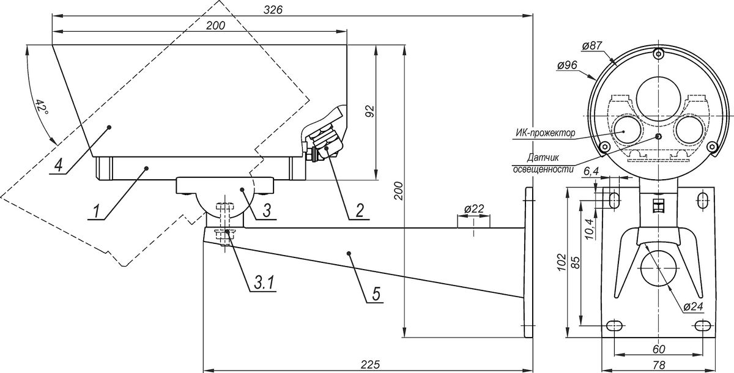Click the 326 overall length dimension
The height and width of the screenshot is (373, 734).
(273, 10)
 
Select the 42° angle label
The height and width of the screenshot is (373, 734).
(42, 106)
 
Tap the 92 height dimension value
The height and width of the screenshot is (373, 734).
(370, 112)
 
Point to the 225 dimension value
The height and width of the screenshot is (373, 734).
(370, 364)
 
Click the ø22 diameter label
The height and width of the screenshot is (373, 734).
(474, 209)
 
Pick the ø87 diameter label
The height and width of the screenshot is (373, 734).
(592, 54)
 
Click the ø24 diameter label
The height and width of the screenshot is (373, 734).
(693, 306)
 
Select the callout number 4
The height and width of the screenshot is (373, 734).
(58, 165)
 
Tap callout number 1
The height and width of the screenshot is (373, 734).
(95, 211)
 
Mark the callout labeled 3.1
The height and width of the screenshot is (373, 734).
(264, 283)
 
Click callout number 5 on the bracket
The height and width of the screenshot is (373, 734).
(376, 294)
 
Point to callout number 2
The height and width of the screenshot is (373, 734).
(360, 210)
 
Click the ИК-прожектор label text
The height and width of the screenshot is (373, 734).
(545, 133)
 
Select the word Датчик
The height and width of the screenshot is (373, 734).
(543, 158)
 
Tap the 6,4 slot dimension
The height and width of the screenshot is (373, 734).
(591, 171)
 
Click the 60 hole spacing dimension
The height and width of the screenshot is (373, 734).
(659, 349)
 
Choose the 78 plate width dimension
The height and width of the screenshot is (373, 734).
(659, 364)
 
